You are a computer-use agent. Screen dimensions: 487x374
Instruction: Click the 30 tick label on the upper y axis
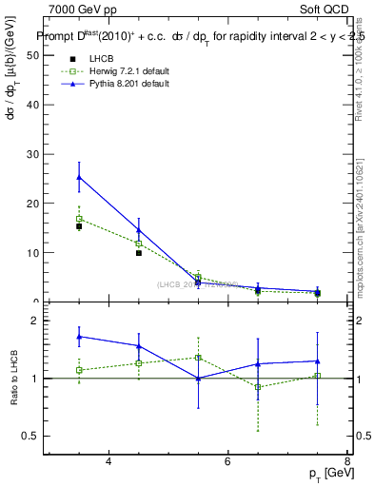pos(36,154)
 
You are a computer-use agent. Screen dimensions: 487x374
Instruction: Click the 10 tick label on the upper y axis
pos(36,253)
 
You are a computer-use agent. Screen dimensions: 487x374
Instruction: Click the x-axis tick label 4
pos(108,461)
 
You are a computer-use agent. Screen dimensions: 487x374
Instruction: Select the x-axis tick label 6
pos(227,461)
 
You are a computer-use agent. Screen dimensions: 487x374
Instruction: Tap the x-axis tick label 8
pos(346,461)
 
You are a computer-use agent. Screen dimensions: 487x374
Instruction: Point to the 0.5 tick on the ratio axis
pos(34,436)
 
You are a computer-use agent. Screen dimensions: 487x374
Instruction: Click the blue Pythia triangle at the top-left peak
pos(79,177)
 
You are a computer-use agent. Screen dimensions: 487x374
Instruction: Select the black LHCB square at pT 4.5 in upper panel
pos(138,253)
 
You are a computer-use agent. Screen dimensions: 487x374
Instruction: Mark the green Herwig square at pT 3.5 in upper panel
pos(79,219)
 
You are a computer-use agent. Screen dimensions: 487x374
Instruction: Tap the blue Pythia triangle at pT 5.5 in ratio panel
pos(198,379)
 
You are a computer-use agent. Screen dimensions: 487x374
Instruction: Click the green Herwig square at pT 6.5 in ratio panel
pos(257,387)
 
